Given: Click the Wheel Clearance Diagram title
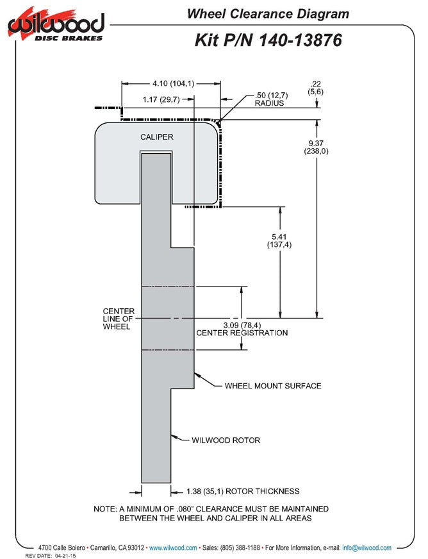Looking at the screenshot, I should click(268, 14).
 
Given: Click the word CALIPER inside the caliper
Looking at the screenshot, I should click(156, 137).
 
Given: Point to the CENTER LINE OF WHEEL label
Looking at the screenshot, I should click(118, 319).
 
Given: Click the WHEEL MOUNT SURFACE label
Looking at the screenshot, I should click(272, 386).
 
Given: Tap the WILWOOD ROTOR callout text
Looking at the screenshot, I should click(226, 440).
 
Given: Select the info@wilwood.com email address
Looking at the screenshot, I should click(366, 548).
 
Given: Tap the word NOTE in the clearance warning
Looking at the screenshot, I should click(105, 508).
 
